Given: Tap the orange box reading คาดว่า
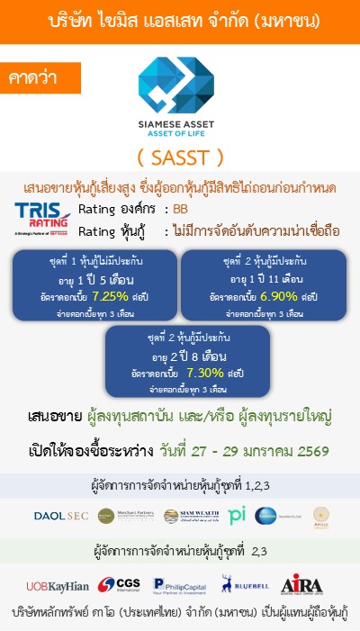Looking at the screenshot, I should pos(33,77).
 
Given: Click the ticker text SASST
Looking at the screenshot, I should pos(181,157).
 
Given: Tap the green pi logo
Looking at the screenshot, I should pos(238,516).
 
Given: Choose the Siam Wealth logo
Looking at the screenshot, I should pos(184,516).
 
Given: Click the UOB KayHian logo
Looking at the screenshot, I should pos(49,585).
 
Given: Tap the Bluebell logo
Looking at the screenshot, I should pos(243,585).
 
